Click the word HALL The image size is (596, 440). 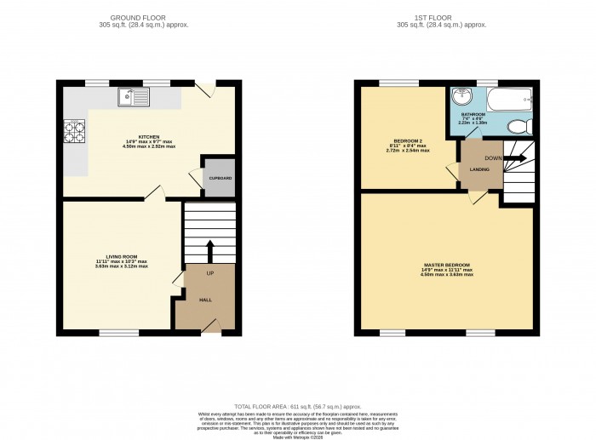[x=205, y=300]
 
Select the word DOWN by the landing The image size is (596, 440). [x=492, y=157]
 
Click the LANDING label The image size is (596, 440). [x=479, y=169]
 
